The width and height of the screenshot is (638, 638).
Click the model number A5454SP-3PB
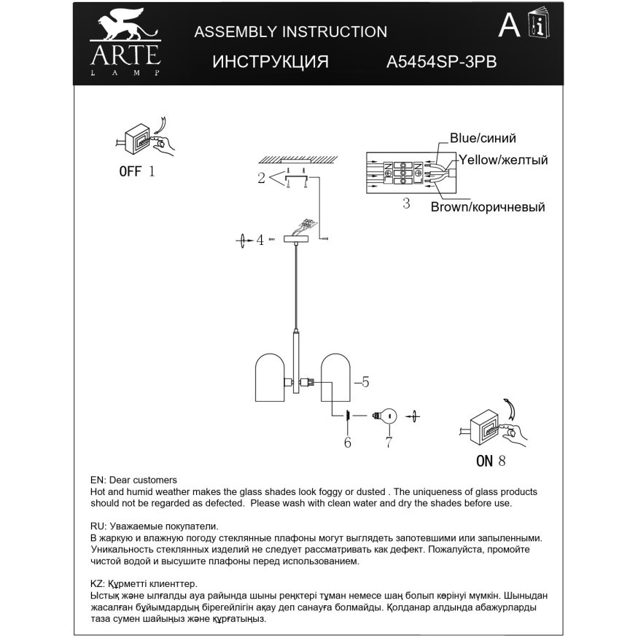(441, 62)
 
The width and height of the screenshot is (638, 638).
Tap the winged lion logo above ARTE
(124, 28)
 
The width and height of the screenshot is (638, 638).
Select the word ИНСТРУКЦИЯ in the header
(271, 62)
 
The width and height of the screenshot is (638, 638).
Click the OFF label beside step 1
(131, 172)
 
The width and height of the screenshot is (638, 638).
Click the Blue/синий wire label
(483, 138)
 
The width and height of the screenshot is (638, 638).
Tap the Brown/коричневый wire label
(488, 207)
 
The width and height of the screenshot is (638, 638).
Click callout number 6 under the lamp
(347, 442)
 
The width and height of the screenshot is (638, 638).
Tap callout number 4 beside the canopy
(259, 240)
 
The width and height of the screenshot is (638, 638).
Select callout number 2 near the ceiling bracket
(260, 177)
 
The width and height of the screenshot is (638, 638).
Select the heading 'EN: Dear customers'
(133, 480)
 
